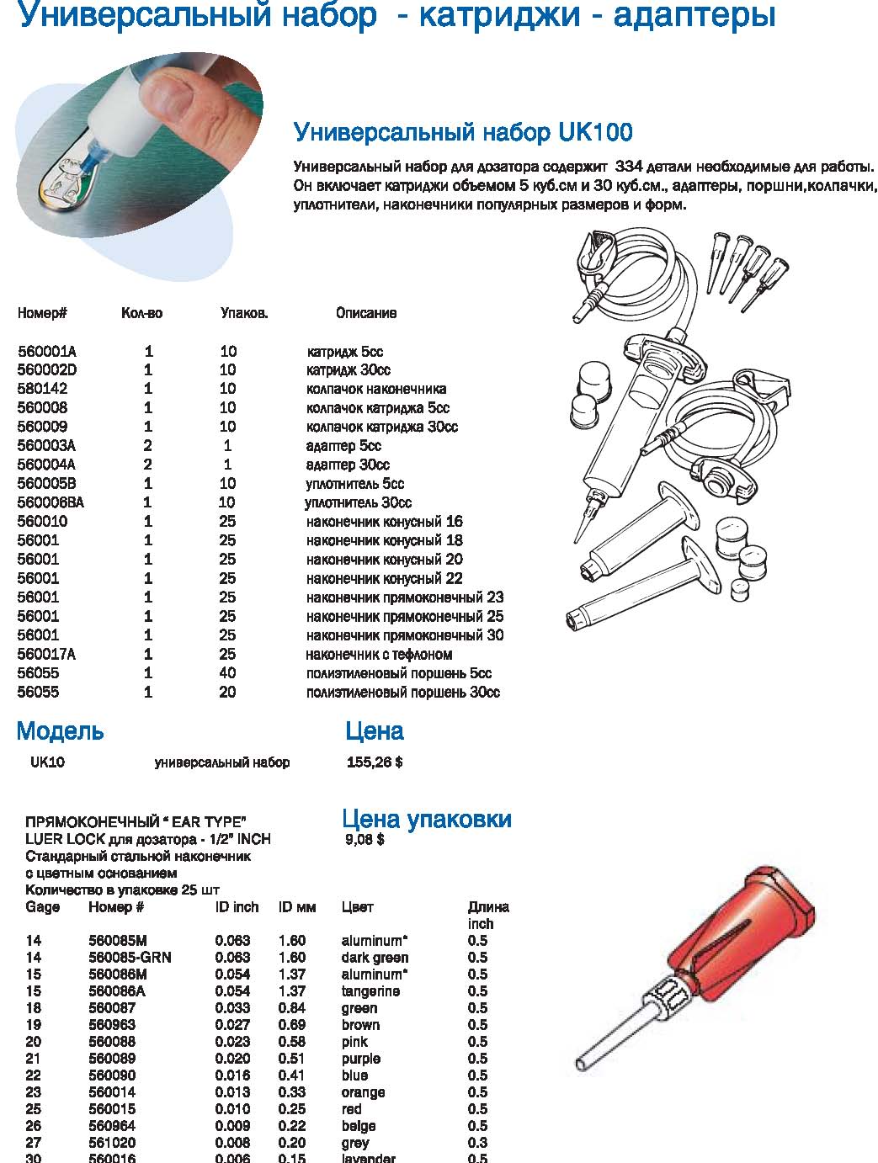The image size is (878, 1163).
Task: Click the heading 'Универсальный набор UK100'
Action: (462, 133)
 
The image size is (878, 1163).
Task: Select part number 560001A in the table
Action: (47, 352)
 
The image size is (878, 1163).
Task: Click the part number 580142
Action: (43, 389)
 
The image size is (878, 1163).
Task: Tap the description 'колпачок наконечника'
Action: (375, 389)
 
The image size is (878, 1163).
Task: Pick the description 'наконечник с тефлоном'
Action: (379, 654)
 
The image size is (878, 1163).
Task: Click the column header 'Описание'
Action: (366, 313)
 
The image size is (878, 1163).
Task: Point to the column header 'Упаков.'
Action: (244, 313)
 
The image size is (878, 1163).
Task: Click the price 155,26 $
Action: (375, 762)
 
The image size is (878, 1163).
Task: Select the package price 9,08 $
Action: (365, 839)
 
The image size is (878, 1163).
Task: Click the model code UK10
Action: (47, 762)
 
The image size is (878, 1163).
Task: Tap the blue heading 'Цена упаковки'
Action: (427, 819)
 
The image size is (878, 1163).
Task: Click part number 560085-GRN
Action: (130, 958)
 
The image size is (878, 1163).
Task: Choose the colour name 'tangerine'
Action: (370, 991)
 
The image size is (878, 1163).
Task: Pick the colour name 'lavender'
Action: (368, 1158)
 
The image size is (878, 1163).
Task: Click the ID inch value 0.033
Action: (232, 1008)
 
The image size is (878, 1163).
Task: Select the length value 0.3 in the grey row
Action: (477, 1143)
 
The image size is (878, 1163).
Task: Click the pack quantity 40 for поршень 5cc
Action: (228, 673)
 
